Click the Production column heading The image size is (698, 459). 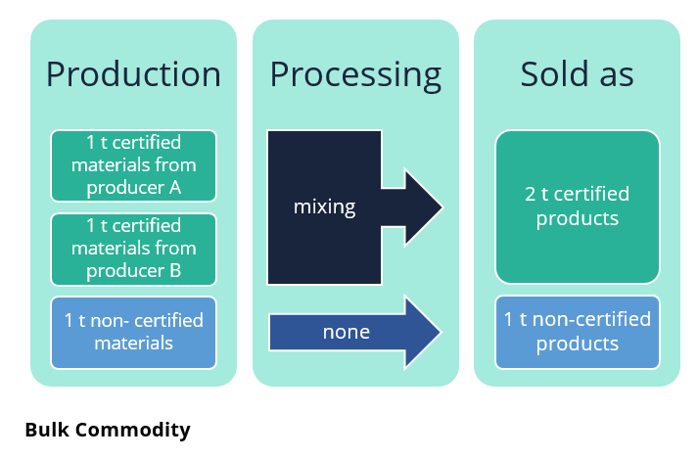coord(133,74)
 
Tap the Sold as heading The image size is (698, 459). coord(577,73)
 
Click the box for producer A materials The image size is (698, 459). coord(133,165)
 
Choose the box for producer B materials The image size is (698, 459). coord(133,250)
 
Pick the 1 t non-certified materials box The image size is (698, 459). coord(133,333)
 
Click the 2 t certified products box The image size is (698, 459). coord(578,207)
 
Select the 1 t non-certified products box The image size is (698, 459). coord(578,332)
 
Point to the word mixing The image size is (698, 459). coord(324,207)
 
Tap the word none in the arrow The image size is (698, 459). coord(347,332)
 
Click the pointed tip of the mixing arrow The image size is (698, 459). coord(442,207)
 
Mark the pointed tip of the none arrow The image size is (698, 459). coord(441,332)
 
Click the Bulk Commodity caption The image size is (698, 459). coord(108,431)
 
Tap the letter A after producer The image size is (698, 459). coord(175,188)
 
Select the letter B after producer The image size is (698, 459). coord(175,271)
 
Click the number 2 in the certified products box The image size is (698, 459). coord(530,194)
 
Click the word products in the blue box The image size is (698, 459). coord(578,344)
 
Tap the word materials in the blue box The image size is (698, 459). coord(133,344)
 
